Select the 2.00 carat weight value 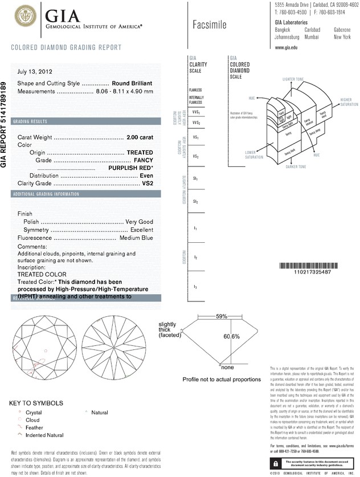click(139, 137)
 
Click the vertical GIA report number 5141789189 click(5, 123)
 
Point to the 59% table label click(221, 316)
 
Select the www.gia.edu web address click(287, 48)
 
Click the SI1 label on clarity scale click(195, 179)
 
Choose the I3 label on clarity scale click(195, 286)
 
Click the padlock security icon click(275, 460)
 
